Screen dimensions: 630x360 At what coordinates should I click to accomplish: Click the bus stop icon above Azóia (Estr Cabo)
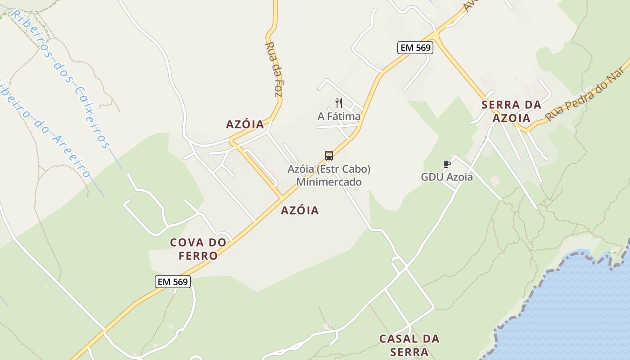tap(329, 156)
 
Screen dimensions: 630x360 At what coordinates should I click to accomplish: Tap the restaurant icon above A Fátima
tap(339, 103)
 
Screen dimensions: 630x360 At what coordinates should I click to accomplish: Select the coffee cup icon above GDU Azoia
tap(447, 164)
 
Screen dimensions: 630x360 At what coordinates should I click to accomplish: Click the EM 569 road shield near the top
tap(415, 47)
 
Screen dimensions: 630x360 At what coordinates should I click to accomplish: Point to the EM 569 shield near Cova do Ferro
tap(173, 282)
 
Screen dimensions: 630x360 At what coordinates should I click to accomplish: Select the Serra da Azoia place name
tap(511, 111)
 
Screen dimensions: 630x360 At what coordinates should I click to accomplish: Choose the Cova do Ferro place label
tap(198, 249)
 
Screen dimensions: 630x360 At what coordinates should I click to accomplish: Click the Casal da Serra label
tap(409, 345)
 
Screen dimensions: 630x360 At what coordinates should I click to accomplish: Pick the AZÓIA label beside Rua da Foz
tap(245, 125)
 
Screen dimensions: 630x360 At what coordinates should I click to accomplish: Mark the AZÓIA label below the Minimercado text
tap(300, 210)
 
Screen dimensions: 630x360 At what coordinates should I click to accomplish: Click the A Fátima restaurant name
tap(339, 117)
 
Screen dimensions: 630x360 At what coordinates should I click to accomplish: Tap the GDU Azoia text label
tap(446, 177)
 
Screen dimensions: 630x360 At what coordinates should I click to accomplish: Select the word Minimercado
tap(328, 182)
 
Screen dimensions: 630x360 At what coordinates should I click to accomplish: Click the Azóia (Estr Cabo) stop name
tap(329, 170)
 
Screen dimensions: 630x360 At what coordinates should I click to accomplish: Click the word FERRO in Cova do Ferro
tap(198, 256)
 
